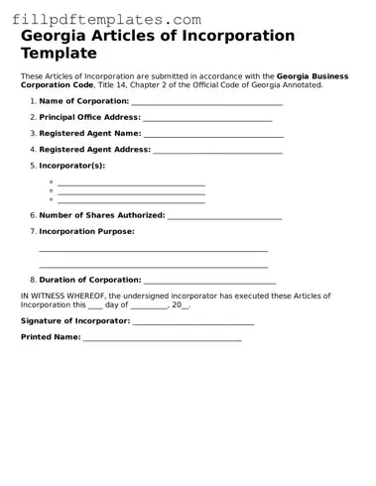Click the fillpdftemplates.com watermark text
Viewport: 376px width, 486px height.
pyautogui.click(x=106, y=20)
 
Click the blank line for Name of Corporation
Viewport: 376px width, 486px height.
pyautogui.click(x=206, y=103)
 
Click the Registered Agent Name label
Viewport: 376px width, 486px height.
pyautogui.click(x=90, y=133)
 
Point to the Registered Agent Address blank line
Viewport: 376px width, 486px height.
pyautogui.click(x=218, y=151)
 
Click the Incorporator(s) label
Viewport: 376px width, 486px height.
pyautogui.click(x=72, y=166)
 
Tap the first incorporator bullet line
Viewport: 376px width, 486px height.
pyautogui.click(x=131, y=184)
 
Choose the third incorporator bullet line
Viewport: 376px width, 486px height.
pyautogui.click(x=131, y=201)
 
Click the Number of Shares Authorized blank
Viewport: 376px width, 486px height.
pyautogui.click(x=225, y=217)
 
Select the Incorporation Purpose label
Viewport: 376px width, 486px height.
pyautogui.click(x=86, y=231)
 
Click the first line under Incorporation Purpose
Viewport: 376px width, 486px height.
pyautogui.click(x=153, y=250)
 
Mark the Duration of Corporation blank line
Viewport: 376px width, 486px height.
pyautogui.click(x=209, y=282)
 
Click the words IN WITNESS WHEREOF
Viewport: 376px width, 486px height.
pyautogui.click(x=63, y=296)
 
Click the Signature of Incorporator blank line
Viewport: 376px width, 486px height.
pyautogui.click(x=193, y=323)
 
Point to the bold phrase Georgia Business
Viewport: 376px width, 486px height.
pyautogui.click(x=310, y=75)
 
